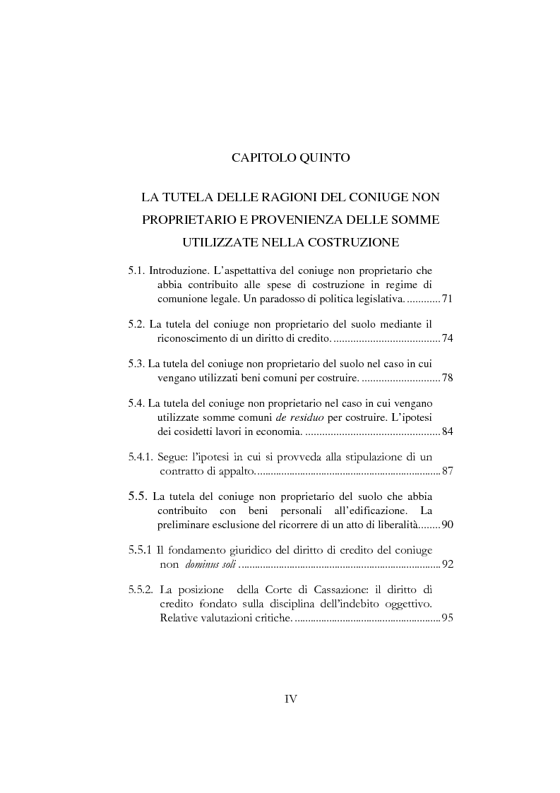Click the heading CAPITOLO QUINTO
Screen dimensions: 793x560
pos(290,158)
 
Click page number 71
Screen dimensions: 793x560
pos(446,300)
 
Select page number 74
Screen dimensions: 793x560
pos(446,339)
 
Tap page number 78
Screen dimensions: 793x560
pos(446,378)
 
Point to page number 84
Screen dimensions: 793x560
pos(446,431)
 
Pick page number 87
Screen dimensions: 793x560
pos(446,471)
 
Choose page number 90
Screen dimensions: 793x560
pos(446,525)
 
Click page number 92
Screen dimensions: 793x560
pos(446,564)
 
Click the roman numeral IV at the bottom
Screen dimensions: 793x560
pos(290,699)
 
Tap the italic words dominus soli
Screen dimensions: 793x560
pos(211,565)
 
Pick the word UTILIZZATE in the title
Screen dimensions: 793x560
pos(216,243)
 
